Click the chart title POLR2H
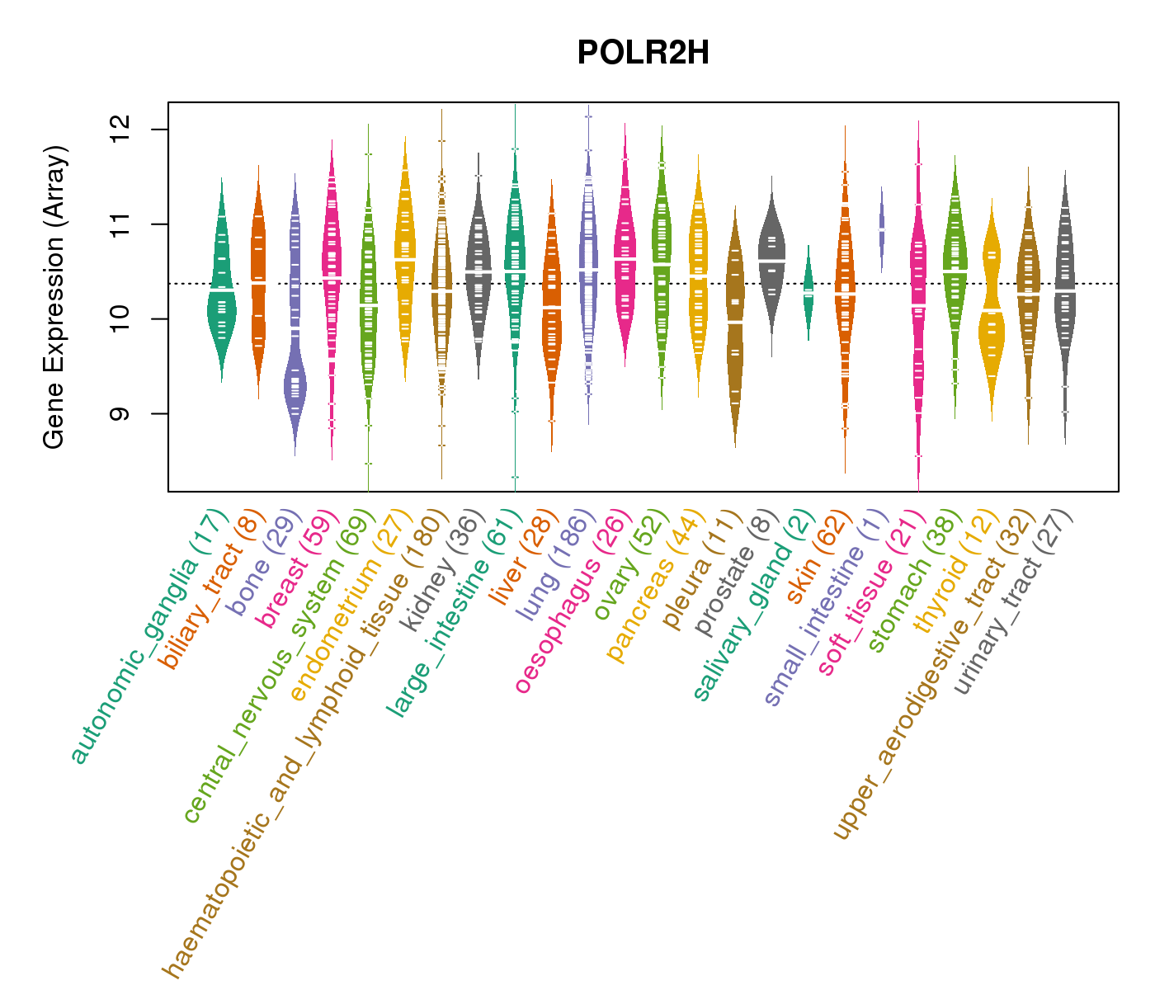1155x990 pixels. (x=643, y=54)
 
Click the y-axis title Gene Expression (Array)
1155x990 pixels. (x=54, y=298)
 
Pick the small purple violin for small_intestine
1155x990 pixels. (x=881, y=229)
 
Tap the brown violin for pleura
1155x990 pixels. (x=735, y=330)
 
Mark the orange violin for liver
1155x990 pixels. (x=551, y=313)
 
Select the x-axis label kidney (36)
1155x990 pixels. (x=445, y=569)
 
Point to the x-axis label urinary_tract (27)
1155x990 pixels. (x=1015, y=602)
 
